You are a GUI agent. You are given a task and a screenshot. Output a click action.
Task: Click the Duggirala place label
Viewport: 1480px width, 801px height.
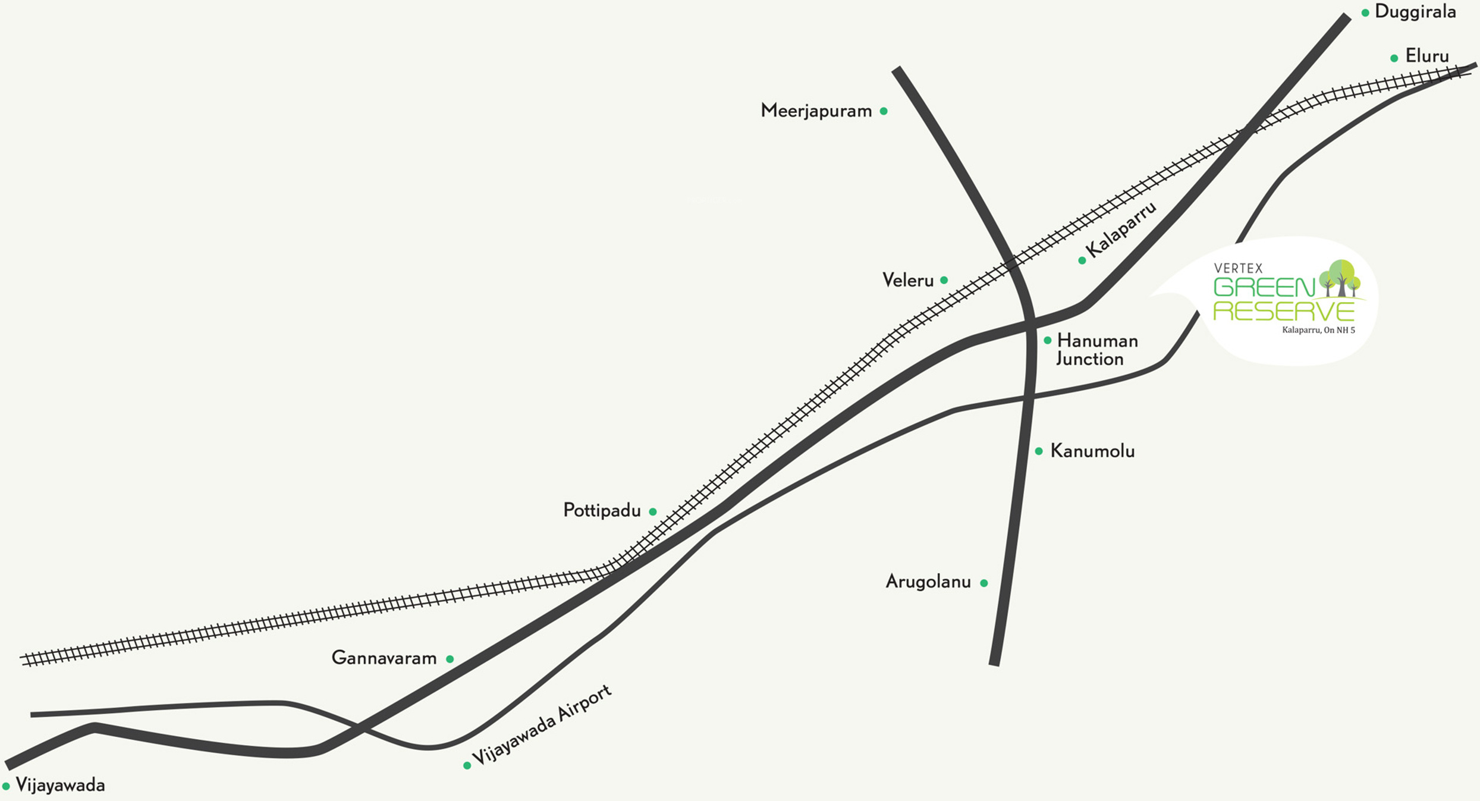1415,12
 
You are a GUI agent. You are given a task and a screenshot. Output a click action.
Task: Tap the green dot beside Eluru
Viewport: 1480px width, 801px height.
1394,58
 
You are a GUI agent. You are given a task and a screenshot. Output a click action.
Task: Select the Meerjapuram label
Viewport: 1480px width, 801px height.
816,111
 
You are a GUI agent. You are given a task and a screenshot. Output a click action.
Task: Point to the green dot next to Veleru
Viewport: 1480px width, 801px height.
944,280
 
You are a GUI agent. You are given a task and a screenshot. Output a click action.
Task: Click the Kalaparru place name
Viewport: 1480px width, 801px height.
1121,229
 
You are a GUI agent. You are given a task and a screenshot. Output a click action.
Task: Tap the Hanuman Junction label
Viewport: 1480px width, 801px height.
1097,350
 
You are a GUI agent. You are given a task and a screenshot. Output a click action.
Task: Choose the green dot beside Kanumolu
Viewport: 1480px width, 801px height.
1039,451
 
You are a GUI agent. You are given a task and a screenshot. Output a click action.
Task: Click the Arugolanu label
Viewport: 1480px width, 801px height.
928,582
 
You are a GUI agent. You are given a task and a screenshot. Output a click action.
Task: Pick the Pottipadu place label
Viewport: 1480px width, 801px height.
602,511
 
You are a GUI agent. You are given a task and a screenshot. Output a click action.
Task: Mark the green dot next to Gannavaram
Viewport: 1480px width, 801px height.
450,659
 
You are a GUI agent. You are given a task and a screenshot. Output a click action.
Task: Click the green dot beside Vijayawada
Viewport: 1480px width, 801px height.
6,787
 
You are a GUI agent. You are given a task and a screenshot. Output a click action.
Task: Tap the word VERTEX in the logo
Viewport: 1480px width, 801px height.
1238,269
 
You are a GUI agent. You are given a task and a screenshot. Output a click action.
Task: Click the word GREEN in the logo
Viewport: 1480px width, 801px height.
1264,288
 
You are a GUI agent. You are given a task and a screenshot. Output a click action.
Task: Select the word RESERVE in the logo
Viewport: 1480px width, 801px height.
1284,311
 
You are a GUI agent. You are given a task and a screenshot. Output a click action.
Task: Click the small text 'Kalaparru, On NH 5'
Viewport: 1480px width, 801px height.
1318,330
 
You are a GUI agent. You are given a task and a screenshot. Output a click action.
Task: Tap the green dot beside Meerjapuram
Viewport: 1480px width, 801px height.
884,111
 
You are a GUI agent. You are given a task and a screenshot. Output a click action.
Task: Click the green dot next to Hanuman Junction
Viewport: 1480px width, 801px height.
1047,341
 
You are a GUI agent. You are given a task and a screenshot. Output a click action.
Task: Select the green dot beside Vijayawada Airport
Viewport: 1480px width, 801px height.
467,765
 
